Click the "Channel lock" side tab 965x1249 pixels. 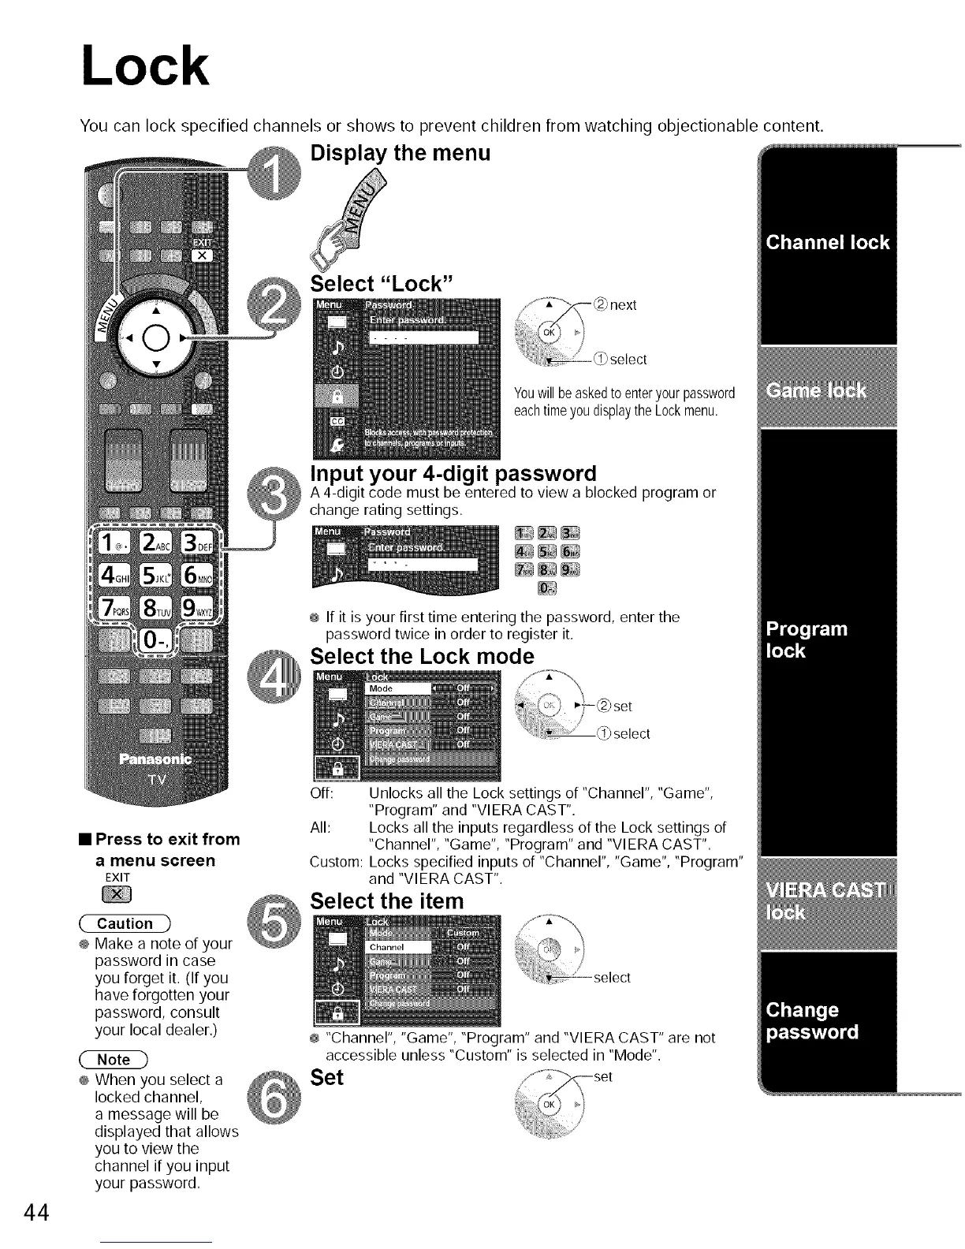tap(828, 242)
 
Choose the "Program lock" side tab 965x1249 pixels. tap(807, 639)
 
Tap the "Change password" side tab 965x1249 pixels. tap(812, 1021)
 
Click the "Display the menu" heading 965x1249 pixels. tap(401, 152)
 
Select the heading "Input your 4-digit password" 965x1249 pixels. tap(453, 473)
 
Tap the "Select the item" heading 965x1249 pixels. tap(386, 900)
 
